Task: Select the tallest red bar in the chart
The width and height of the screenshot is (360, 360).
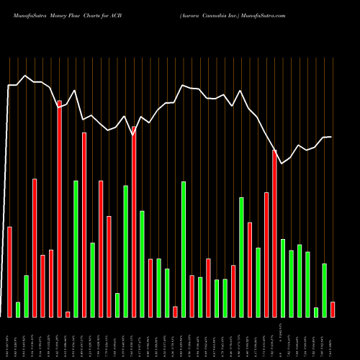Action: point(59,209)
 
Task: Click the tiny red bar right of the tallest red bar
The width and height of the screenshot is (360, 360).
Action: point(68,314)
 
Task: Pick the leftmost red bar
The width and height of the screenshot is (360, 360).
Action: point(9,271)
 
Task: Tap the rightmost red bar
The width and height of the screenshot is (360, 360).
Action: point(333,309)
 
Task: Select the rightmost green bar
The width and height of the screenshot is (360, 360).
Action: point(324,290)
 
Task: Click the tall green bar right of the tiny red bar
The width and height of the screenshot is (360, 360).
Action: point(76,248)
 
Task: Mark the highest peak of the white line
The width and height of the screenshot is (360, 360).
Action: point(26,75)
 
